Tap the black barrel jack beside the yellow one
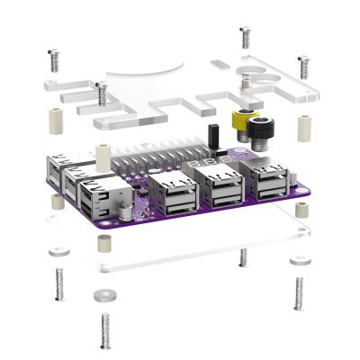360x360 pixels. (x=263, y=130)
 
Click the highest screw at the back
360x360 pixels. (x=245, y=38)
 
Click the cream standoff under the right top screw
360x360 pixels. (x=304, y=129)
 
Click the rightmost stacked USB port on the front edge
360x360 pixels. (x=270, y=182)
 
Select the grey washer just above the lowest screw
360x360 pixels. (x=100, y=294)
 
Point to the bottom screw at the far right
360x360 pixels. (x=298, y=291)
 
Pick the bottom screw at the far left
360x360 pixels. (x=58, y=283)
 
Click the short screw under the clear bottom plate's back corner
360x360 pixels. (x=243, y=257)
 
